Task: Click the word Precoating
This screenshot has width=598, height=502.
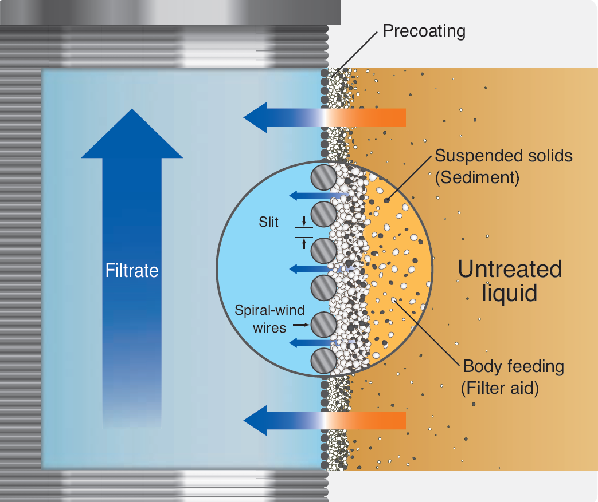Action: [424, 31]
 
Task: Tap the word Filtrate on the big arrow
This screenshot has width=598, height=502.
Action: [132, 271]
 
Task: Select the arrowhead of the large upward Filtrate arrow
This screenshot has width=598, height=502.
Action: [132, 135]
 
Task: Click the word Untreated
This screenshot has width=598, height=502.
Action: [510, 269]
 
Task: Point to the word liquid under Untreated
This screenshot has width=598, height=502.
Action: [510, 293]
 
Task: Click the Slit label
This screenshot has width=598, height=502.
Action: [268, 222]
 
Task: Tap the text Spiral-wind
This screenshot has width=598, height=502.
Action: [265, 311]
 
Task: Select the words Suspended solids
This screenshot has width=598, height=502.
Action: [503, 156]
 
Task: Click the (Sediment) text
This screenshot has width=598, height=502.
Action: [477, 178]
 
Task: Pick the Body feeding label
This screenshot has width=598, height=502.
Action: [513, 366]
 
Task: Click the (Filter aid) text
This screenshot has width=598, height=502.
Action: [500, 389]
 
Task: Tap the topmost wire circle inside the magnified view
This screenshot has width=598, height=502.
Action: [323, 179]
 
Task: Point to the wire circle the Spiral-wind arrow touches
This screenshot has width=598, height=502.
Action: [323, 326]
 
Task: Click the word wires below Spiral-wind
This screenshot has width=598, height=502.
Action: [269, 329]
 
